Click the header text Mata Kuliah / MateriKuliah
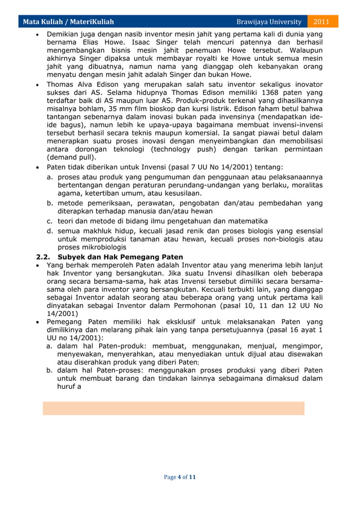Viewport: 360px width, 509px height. click(68, 22)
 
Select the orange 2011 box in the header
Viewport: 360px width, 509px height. click(322, 22)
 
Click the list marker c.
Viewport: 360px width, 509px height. click(50, 221)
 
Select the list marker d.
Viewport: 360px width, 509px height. click(50, 231)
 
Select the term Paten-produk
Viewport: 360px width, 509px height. click(118, 346)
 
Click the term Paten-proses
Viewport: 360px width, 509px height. click(118, 370)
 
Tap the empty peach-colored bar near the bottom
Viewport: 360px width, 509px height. click(173, 408)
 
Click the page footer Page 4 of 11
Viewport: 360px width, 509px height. click(179, 477)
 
